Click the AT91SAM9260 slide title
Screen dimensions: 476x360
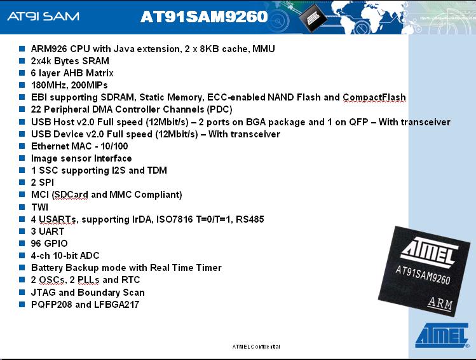click(204, 17)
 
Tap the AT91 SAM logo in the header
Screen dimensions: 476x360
click(43, 16)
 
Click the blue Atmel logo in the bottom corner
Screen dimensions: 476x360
click(442, 335)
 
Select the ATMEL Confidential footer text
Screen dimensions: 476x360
click(256, 347)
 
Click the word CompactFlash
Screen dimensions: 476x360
click(374, 97)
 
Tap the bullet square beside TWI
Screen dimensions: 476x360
click(22, 207)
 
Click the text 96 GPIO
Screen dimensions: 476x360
click(49, 244)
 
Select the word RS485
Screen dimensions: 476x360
click(250, 219)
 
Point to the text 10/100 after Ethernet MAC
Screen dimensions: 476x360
click(114, 146)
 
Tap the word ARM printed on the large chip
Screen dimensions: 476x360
click(440, 303)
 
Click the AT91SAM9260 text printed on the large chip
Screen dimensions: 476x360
click(423, 275)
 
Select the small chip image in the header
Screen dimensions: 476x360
click(313, 19)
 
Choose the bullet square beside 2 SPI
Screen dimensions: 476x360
click(22, 183)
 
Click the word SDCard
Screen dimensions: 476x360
click(71, 195)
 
